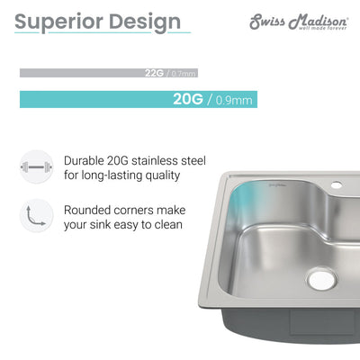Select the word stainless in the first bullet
click(x=171, y=160)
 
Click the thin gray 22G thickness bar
click(x=90, y=73)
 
